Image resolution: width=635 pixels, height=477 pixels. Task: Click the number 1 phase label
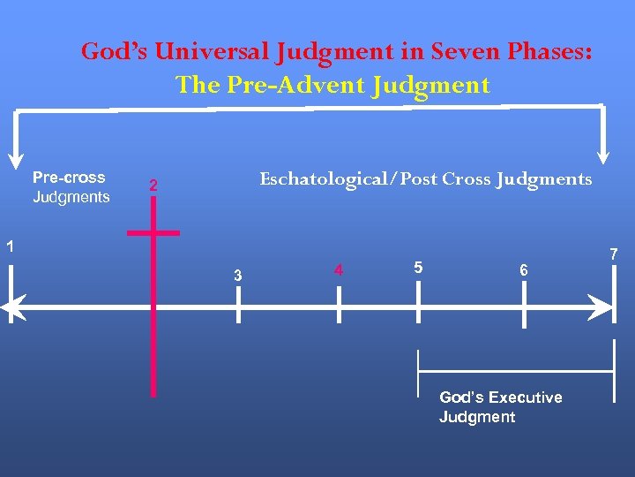point(9,246)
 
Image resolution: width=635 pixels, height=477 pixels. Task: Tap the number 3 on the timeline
point(237,276)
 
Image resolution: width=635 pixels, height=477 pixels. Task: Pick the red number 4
point(339,269)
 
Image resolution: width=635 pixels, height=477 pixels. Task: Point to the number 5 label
point(418,267)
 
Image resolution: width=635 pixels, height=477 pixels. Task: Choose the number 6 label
point(524,270)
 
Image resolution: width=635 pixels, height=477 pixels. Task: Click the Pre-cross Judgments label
point(71,187)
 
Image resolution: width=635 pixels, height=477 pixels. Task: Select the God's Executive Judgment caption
point(500,407)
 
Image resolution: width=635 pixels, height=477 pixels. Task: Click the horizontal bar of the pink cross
point(153,233)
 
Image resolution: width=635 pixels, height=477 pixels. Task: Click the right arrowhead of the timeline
point(603,307)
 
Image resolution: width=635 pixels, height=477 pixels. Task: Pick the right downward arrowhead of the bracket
point(604,154)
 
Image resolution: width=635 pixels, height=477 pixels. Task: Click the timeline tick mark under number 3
point(237,307)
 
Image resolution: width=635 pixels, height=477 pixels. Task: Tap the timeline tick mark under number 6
point(525,307)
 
